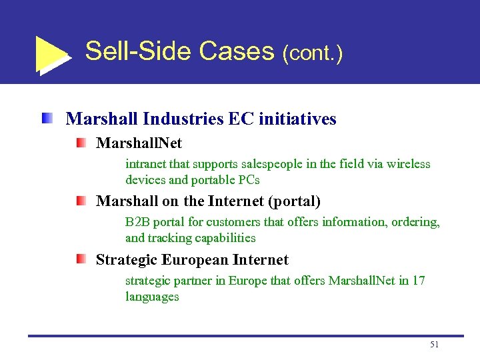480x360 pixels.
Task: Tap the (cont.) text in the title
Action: click(313, 53)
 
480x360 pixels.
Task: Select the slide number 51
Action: click(435, 345)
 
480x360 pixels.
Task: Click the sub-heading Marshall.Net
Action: click(139, 143)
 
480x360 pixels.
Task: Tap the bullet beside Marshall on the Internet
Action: click(80, 201)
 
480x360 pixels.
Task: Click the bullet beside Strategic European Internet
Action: click(80, 259)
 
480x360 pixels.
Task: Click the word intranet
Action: click(145, 164)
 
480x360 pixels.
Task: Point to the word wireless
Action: click(409, 164)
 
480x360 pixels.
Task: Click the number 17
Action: click(419, 281)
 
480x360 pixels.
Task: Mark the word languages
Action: click(152, 297)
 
